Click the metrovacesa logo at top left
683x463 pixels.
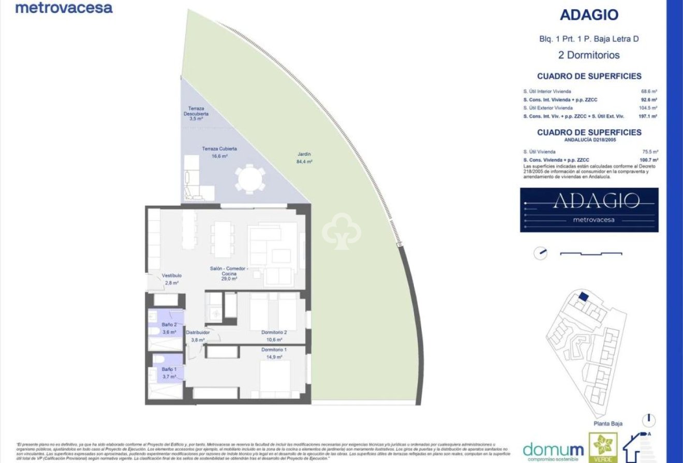click(x=64, y=8)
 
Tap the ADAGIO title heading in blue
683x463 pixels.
click(x=589, y=14)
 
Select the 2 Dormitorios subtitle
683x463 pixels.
click(x=589, y=55)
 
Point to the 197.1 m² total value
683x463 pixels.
click(x=648, y=116)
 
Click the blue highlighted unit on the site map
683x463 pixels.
click(x=583, y=297)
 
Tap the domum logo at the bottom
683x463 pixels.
click(x=553, y=449)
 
